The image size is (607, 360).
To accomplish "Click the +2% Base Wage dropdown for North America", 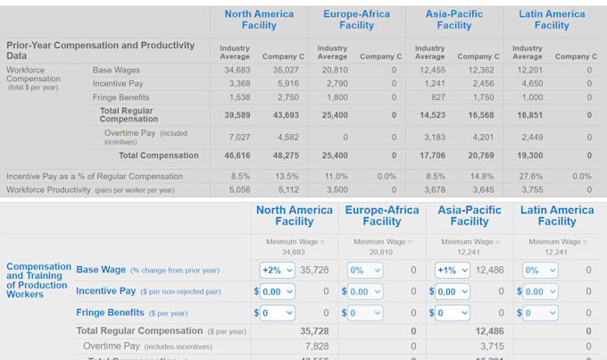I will coord(277,270).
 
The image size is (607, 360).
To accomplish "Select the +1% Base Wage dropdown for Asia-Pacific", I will coord(452,270).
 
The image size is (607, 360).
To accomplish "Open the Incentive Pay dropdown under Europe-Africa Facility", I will coord(366,291).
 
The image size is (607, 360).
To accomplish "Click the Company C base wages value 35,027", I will coord(282,70).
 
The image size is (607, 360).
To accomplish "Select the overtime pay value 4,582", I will coord(287,137).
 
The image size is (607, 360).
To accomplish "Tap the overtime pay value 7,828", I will coord(316,346).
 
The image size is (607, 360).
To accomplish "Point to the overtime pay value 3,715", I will coord(491,346).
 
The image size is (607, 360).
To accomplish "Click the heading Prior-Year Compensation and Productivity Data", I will coord(100,50).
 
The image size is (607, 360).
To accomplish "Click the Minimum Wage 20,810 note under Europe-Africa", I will coord(381,247).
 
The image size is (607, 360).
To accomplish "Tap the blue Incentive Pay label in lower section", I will coord(105,291).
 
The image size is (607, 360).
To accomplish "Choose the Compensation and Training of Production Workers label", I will coord(37,280).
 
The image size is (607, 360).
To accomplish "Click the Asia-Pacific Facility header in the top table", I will coord(453,20).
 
